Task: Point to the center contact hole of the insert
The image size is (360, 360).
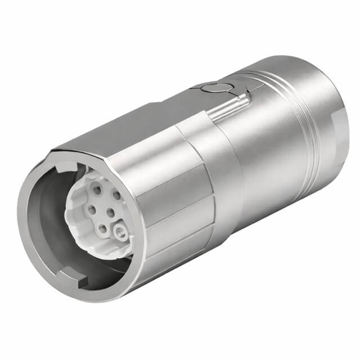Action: coord(110,213)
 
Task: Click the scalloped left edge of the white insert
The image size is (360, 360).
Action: coord(69,214)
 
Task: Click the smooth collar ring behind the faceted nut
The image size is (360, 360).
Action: coord(228,169)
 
